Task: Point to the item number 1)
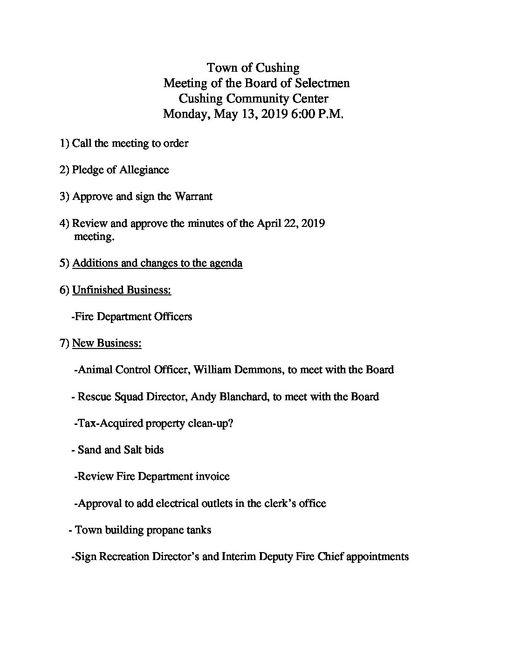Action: coord(65,143)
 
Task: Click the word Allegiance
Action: coord(144,170)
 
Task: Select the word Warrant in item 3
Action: coord(193,196)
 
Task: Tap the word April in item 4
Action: coord(268,223)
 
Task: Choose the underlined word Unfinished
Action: coord(98,290)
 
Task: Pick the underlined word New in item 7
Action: coord(83,343)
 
